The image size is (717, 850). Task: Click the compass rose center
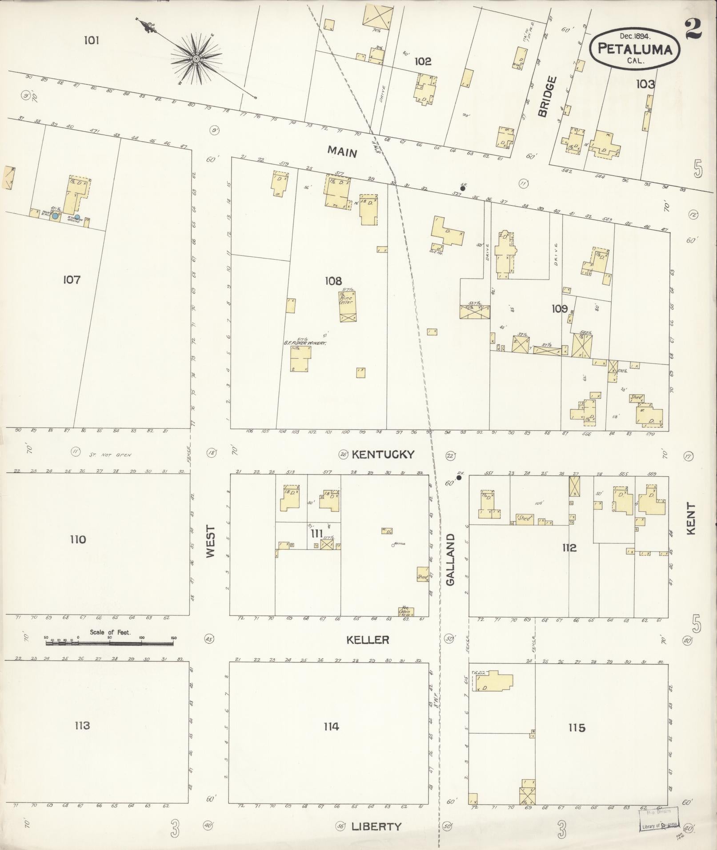(x=196, y=59)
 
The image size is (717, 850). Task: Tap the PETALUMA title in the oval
(x=634, y=49)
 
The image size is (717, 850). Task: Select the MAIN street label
(x=342, y=152)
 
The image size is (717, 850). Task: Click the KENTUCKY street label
(x=383, y=454)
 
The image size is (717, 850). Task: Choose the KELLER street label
(x=368, y=639)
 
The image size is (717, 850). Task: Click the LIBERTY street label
(x=376, y=826)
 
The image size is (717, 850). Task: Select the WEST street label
(x=210, y=542)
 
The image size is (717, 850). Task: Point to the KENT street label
(x=690, y=519)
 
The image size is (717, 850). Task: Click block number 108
(x=333, y=281)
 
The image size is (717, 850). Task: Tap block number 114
(x=331, y=726)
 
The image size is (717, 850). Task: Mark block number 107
(x=72, y=280)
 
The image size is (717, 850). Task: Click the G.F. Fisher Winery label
(x=305, y=343)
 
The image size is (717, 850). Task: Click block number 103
(x=645, y=84)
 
